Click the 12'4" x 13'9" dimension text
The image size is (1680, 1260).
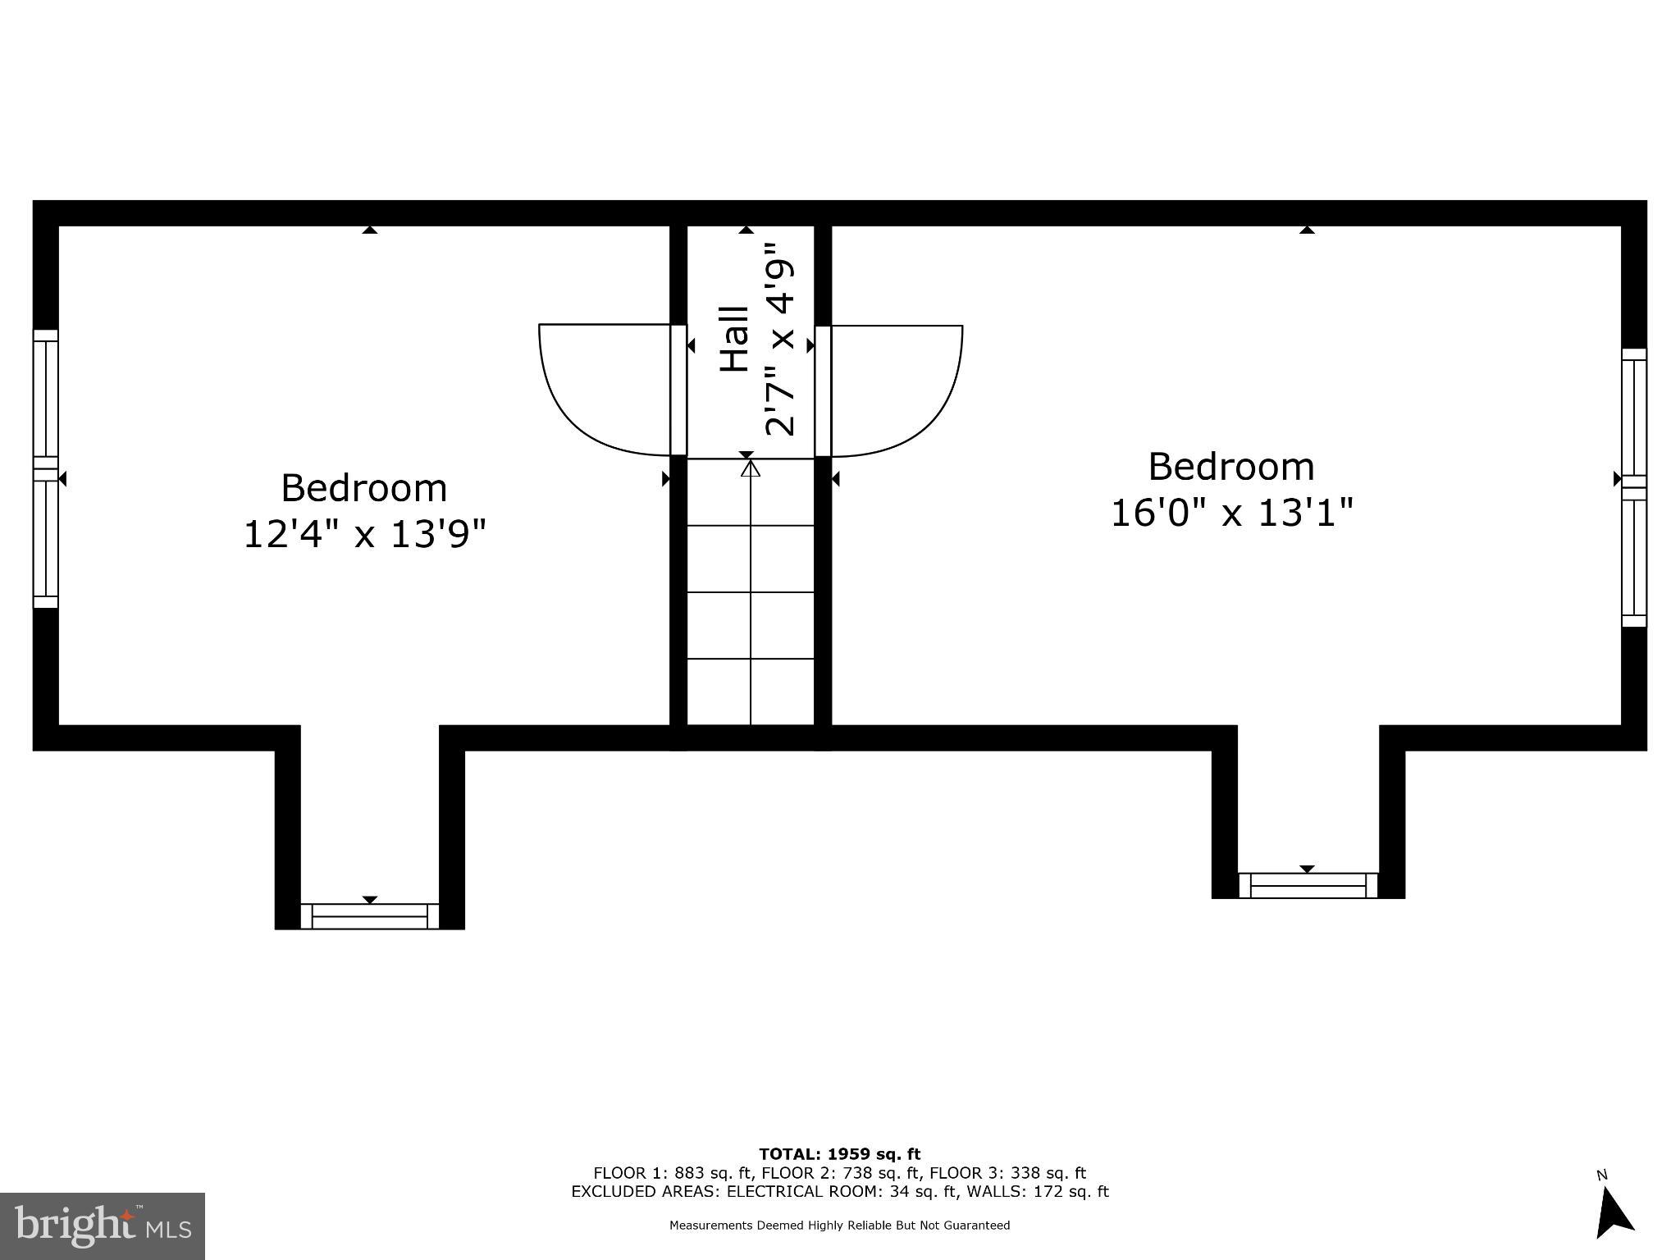coord(365,535)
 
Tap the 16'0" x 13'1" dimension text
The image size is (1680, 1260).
coord(1231,514)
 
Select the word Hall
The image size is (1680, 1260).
coord(735,339)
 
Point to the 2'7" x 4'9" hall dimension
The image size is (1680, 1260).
coord(779,338)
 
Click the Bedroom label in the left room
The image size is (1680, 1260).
coord(364,488)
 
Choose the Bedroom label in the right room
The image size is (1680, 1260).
coord(1231,467)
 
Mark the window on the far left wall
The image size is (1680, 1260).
coord(46,469)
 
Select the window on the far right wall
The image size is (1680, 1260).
coord(1634,488)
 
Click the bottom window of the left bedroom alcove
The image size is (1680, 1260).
coord(370,916)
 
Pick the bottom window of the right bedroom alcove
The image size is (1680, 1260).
coord(1308,886)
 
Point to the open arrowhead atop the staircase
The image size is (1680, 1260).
coord(751,468)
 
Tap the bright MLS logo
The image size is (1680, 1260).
coord(103,1226)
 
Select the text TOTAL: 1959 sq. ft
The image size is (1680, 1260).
coord(839,1154)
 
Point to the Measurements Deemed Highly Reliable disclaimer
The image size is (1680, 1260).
coord(839,1226)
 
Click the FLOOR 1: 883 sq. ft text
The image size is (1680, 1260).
coord(673,1173)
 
